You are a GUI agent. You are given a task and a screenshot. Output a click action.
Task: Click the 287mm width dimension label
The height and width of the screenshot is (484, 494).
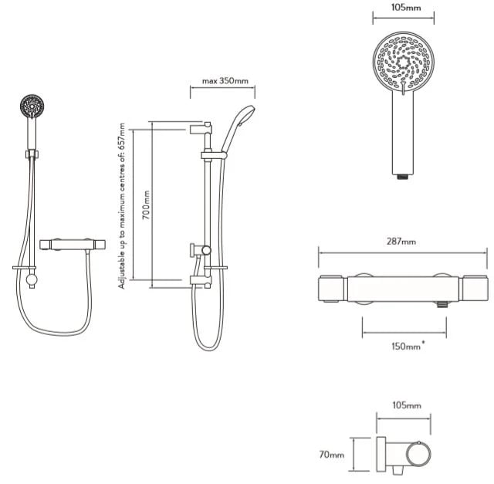click(x=401, y=242)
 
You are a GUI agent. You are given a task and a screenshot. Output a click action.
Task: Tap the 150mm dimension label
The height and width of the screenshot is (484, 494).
click(x=407, y=347)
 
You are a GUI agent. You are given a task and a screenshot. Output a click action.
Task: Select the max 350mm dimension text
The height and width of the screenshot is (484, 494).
click(x=225, y=81)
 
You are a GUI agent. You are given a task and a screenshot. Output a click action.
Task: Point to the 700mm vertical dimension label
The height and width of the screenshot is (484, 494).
click(x=146, y=205)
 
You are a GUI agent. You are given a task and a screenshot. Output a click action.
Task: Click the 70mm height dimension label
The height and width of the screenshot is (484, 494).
click(x=331, y=455)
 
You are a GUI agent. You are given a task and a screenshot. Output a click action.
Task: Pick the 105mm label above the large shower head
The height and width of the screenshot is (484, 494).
click(x=406, y=7)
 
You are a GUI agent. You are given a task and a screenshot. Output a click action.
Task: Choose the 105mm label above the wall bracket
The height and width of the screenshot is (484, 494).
click(x=407, y=405)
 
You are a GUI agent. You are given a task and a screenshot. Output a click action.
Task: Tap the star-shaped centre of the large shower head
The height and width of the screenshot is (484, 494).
click(x=403, y=63)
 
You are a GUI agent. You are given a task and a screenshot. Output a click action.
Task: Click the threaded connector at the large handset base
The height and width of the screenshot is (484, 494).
click(x=403, y=177)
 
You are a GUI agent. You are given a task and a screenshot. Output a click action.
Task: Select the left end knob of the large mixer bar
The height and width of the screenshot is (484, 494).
click(x=330, y=289)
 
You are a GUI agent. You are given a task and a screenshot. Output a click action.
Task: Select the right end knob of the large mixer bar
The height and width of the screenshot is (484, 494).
click(x=475, y=289)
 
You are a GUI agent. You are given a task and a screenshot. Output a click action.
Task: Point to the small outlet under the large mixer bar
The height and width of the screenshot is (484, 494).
click(x=442, y=304)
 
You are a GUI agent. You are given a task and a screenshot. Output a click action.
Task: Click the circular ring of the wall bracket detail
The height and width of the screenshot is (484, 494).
click(x=418, y=455)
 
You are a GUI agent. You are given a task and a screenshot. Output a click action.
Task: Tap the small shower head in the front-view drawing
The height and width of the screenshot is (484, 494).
click(x=32, y=107)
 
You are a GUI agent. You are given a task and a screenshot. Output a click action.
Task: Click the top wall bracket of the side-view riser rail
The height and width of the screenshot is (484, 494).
click(x=201, y=129)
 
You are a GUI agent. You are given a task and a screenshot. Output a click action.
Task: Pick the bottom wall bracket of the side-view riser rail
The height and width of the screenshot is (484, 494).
click(x=201, y=282)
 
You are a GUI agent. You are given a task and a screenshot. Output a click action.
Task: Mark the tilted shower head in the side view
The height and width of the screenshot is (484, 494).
click(x=239, y=127)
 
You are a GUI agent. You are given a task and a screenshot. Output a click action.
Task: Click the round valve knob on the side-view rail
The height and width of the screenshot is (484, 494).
click(x=206, y=251)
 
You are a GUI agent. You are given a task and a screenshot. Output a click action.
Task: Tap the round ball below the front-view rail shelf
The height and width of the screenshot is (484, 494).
click(x=32, y=279)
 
